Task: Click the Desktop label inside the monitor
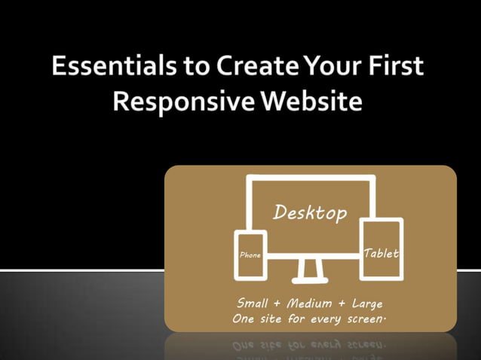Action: point(310,212)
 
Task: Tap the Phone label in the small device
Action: point(250,255)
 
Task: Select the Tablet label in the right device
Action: point(381,253)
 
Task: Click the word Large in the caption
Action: point(367,304)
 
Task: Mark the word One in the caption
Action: point(245,319)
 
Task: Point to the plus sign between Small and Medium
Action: point(277,304)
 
